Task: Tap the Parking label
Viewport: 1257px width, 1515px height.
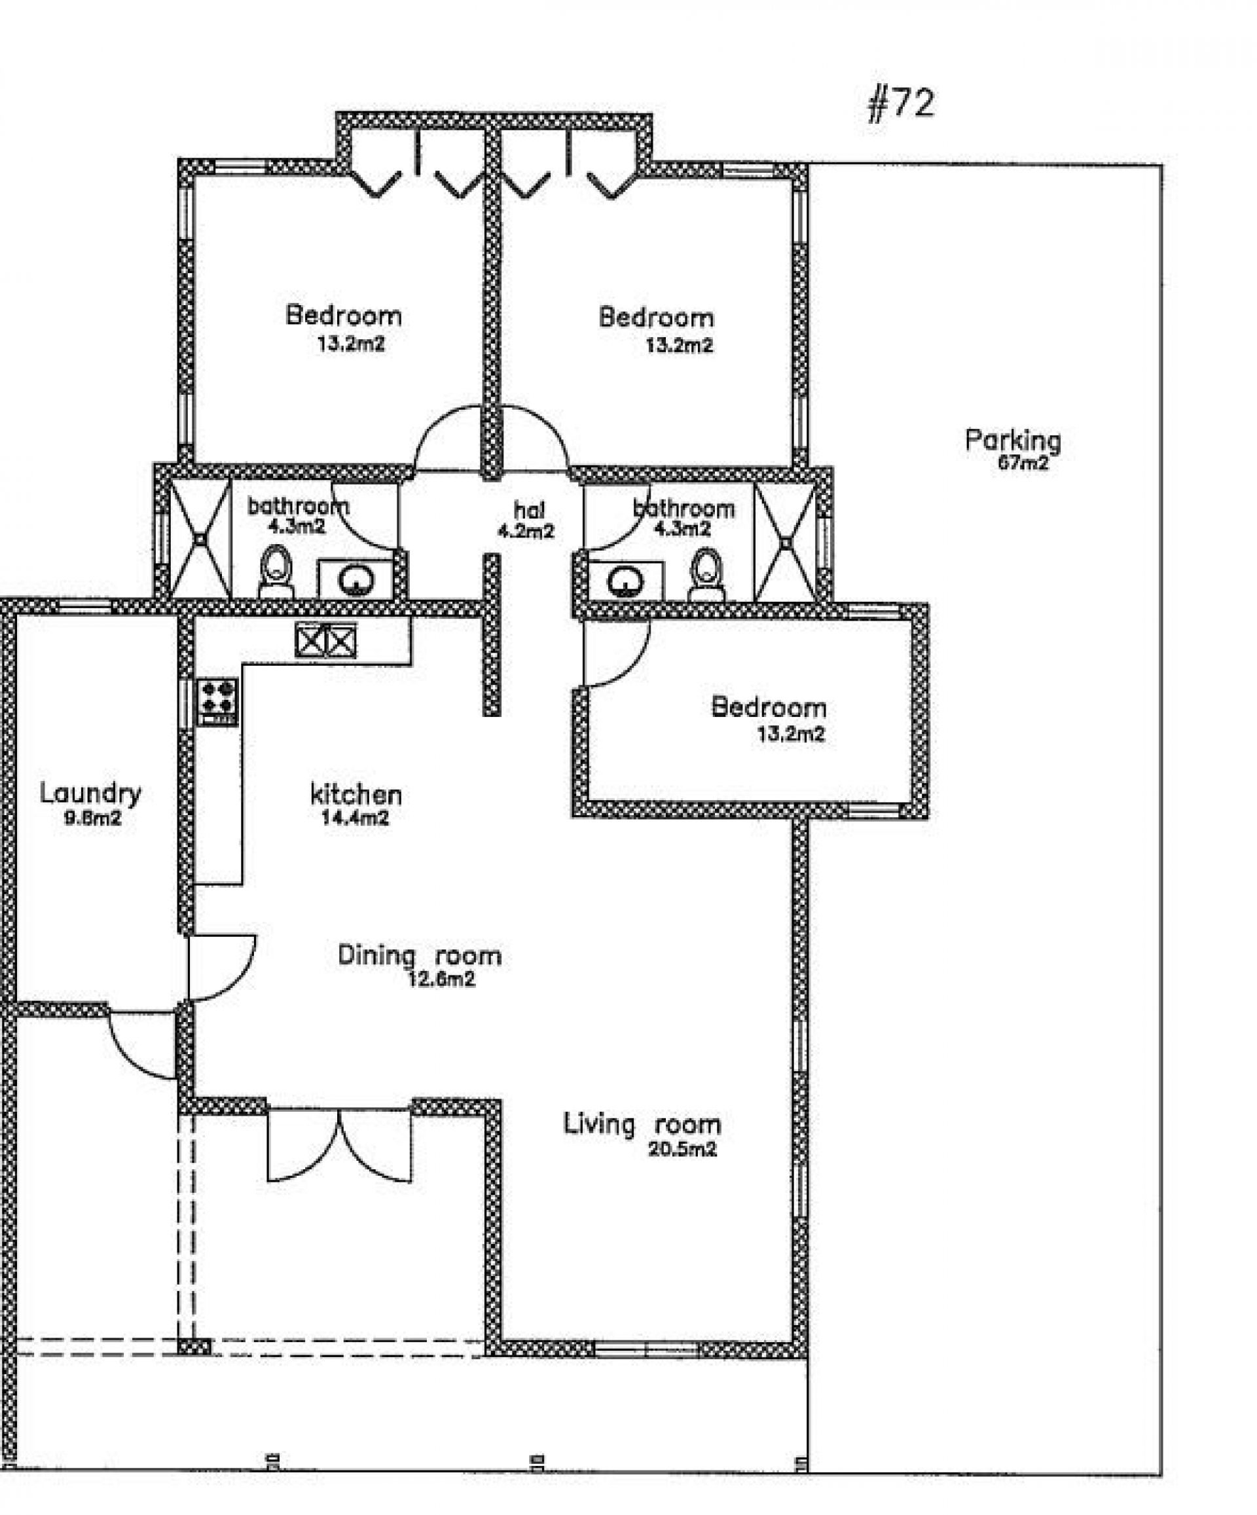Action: (x=1012, y=439)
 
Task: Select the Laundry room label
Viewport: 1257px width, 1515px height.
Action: (x=90, y=793)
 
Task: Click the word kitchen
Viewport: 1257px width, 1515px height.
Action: (x=355, y=794)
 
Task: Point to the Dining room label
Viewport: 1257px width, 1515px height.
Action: (x=419, y=956)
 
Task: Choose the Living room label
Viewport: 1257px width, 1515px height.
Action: (x=642, y=1124)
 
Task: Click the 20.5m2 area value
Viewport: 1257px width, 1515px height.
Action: (x=682, y=1149)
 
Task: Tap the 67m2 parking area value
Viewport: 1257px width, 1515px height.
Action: (x=1023, y=463)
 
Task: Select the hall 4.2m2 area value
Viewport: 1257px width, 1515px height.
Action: (x=525, y=532)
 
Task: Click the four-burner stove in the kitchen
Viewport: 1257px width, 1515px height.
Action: (x=217, y=701)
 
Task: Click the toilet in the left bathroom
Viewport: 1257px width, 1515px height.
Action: (x=276, y=571)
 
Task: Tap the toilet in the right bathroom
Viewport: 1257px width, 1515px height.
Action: (x=706, y=575)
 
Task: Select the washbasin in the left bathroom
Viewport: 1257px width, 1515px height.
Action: (x=355, y=578)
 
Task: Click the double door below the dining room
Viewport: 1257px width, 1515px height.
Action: (x=339, y=1144)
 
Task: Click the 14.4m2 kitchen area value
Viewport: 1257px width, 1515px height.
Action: (x=355, y=817)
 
